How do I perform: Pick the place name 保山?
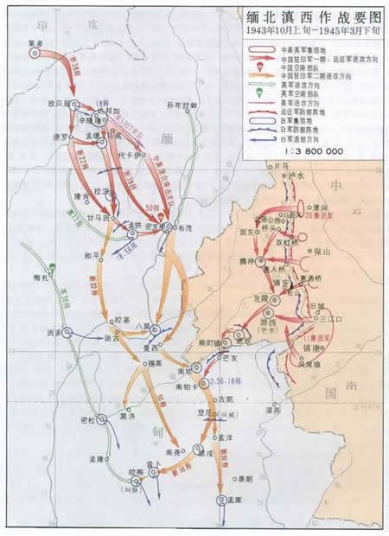[x=320, y=256]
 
